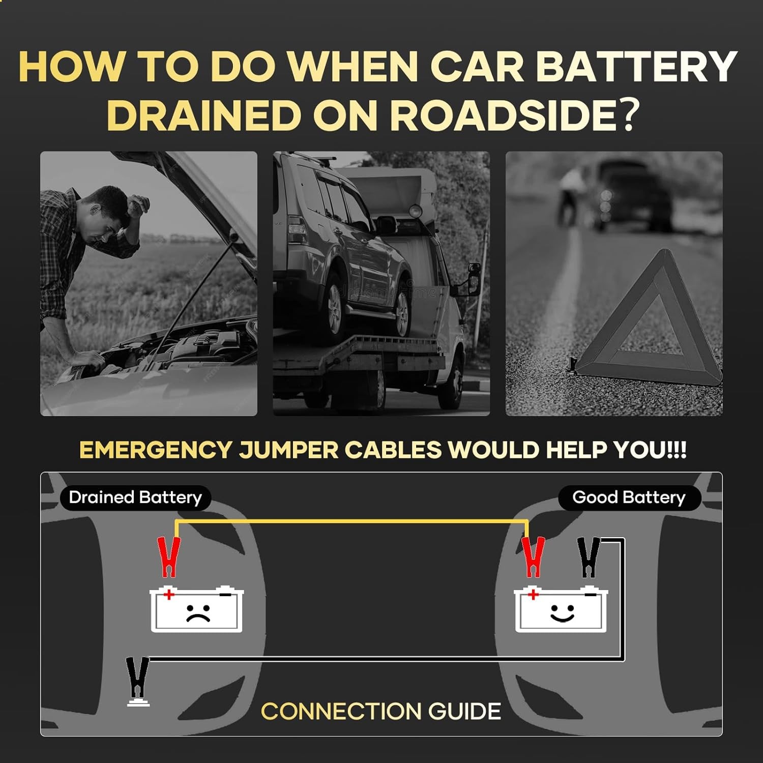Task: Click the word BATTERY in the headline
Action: pos(636,66)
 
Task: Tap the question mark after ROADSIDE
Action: pos(629,114)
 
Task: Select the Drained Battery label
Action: pos(135,497)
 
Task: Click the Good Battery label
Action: pos(629,497)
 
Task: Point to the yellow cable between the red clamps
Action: pos(351,521)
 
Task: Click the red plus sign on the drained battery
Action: pos(168,594)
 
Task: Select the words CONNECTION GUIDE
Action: pos(381,711)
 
